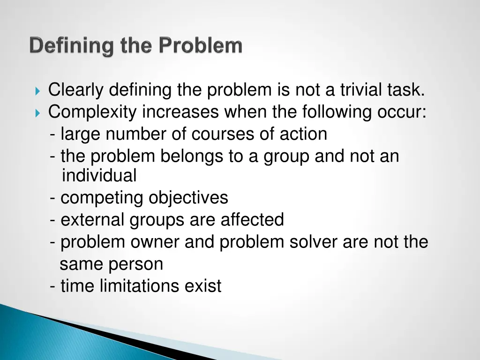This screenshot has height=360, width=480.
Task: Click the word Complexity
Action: pos(93,112)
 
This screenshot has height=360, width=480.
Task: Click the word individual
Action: pos(99,176)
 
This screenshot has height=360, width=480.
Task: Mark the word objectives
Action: pos(188,198)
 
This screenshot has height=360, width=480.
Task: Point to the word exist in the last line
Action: pos(203,286)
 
